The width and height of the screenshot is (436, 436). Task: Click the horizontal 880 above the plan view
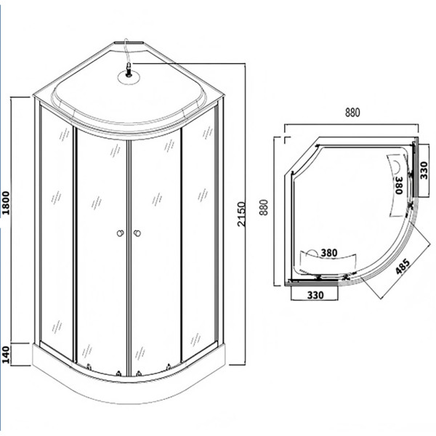[x=352, y=113]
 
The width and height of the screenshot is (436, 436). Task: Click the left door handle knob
[x=118, y=233]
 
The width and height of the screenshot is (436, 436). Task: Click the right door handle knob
[x=136, y=233]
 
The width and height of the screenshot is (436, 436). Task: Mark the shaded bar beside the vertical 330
[x=415, y=171]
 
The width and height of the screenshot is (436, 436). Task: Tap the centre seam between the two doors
[x=127, y=254]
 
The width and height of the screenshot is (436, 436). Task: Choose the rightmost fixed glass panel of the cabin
[x=200, y=233]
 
